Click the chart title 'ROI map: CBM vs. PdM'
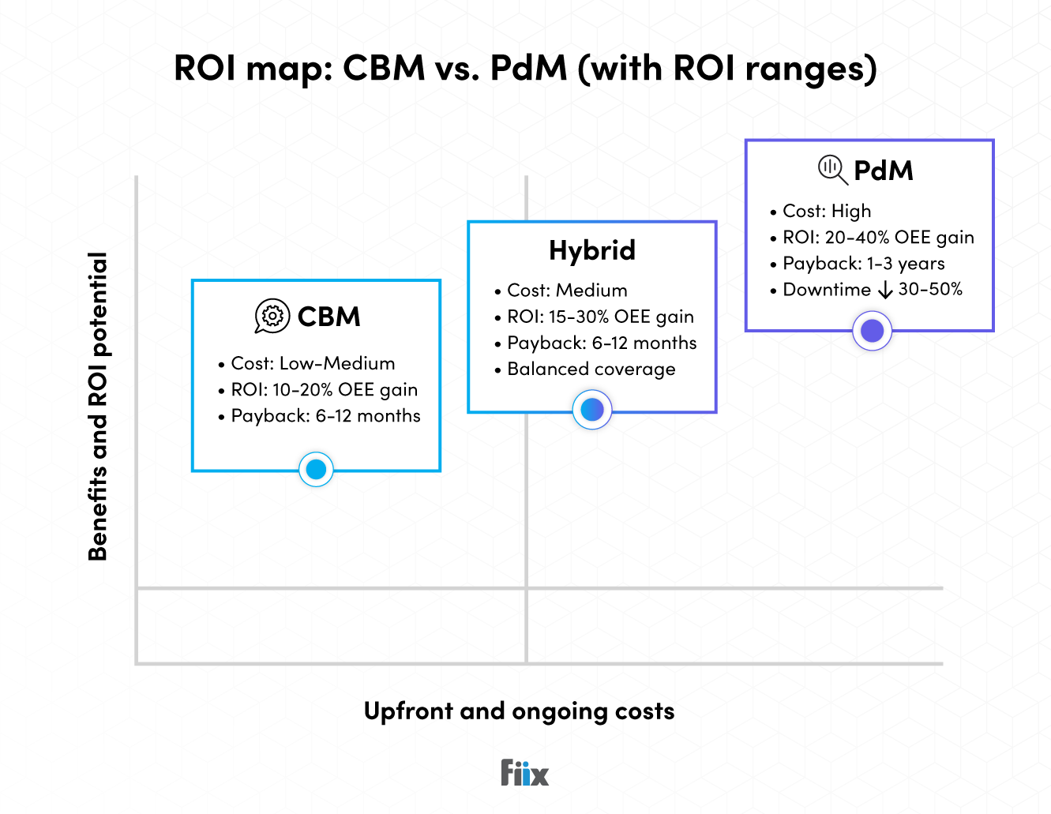click(525, 69)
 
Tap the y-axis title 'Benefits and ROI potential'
click(97, 406)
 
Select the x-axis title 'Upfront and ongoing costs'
click(519, 711)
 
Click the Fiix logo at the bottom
click(524, 773)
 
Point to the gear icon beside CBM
click(272, 317)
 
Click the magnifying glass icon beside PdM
click(832, 169)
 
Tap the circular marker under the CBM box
click(316, 470)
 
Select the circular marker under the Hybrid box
click(592, 410)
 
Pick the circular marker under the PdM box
click(873, 331)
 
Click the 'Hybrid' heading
click(592, 250)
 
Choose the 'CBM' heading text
click(328, 317)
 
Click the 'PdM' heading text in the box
click(884, 171)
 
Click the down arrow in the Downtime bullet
click(885, 291)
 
